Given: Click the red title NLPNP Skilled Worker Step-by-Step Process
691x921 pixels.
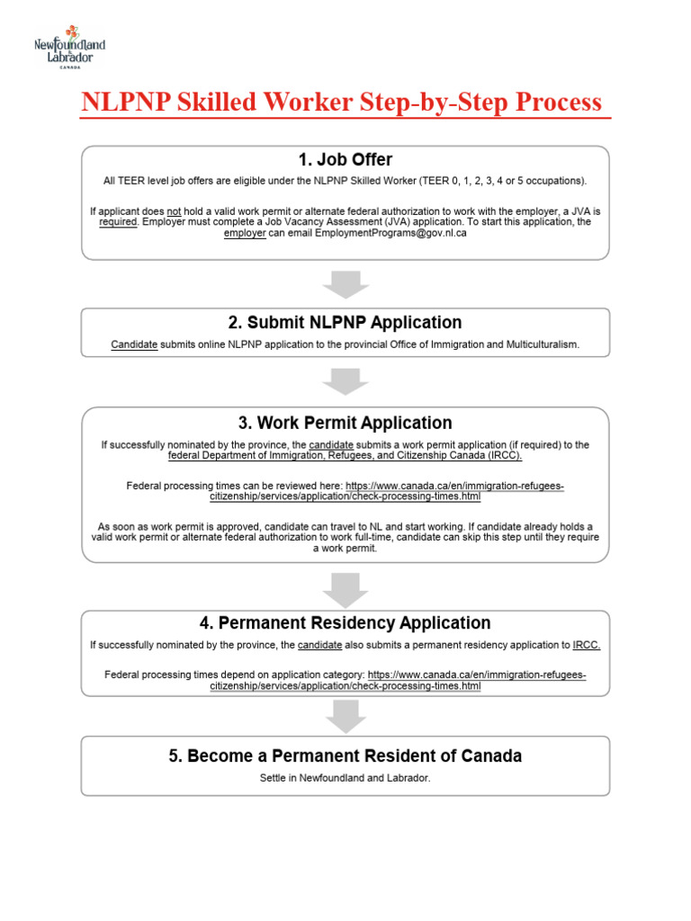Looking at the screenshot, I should pyautogui.click(x=342, y=102).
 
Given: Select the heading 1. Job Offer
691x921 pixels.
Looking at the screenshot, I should pyautogui.click(x=345, y=160).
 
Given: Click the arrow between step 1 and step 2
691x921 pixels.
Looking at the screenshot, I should pyautogui.click(x=345, y=284).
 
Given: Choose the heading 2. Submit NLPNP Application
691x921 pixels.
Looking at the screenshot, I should pyautogui.click(x=345, y=322).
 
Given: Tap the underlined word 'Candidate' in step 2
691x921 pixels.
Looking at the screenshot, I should pyautogui.click(x=134, y=344).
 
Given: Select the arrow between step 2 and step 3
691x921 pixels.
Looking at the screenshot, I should pyautogui.click(x=345, y=380).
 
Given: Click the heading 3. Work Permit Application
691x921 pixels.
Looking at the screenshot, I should pyautogui.click(x=345, y=423).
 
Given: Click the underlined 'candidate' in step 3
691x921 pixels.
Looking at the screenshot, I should pyautogui.click(x=331, y=445).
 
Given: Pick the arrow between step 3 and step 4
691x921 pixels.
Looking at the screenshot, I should pyautogui.click(x=345, y=588).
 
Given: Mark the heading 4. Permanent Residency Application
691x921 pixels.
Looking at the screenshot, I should pyautogui.click(x=345, y=622).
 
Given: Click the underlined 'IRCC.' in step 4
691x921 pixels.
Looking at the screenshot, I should pyautogui.click(x=587, y=645).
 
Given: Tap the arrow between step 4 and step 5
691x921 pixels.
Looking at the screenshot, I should pyautogui.click(x=345, y=716).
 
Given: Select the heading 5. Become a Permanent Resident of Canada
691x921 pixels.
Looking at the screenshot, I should pyautogui.click(x=345, y=756).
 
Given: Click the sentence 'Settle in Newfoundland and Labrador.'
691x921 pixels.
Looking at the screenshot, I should pyautogui.click(x=345, y=778).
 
